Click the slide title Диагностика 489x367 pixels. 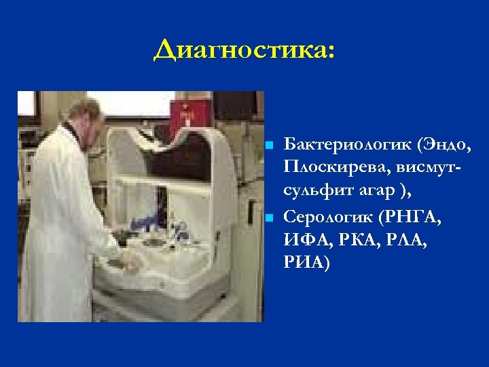(244, 50)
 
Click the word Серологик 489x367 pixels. (331, 218)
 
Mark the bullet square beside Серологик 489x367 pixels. (270, 219)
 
